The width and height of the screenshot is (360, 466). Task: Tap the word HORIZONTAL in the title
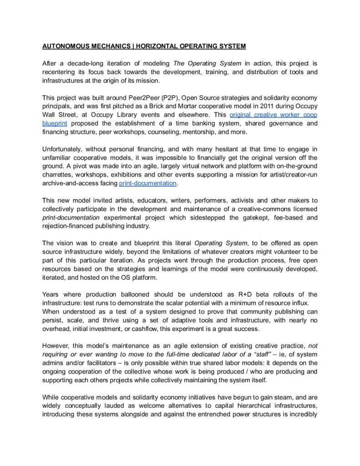[154, 46]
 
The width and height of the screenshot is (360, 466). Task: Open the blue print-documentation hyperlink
[147, 183]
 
